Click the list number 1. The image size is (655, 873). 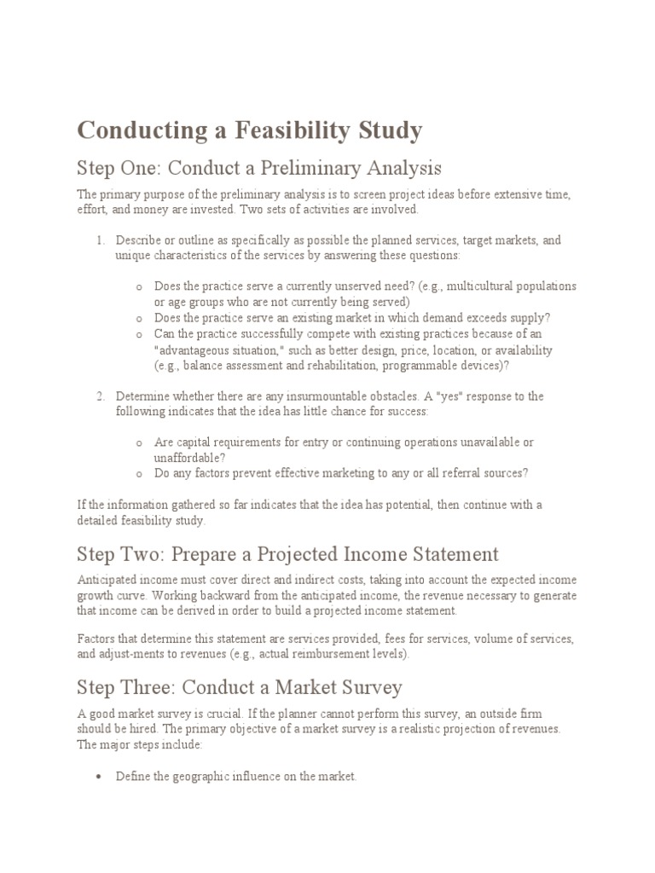click(x=100, y=241)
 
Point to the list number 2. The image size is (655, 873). click(x=100, y=396)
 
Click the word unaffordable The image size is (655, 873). click(x=188, y=458)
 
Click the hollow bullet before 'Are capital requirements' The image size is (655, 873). click(x=139, y=443)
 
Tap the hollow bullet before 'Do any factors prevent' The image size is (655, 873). click(x=139, y=474)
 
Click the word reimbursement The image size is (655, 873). click(x=323, y=655)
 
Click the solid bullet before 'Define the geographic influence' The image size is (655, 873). click(x=100, y=777)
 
